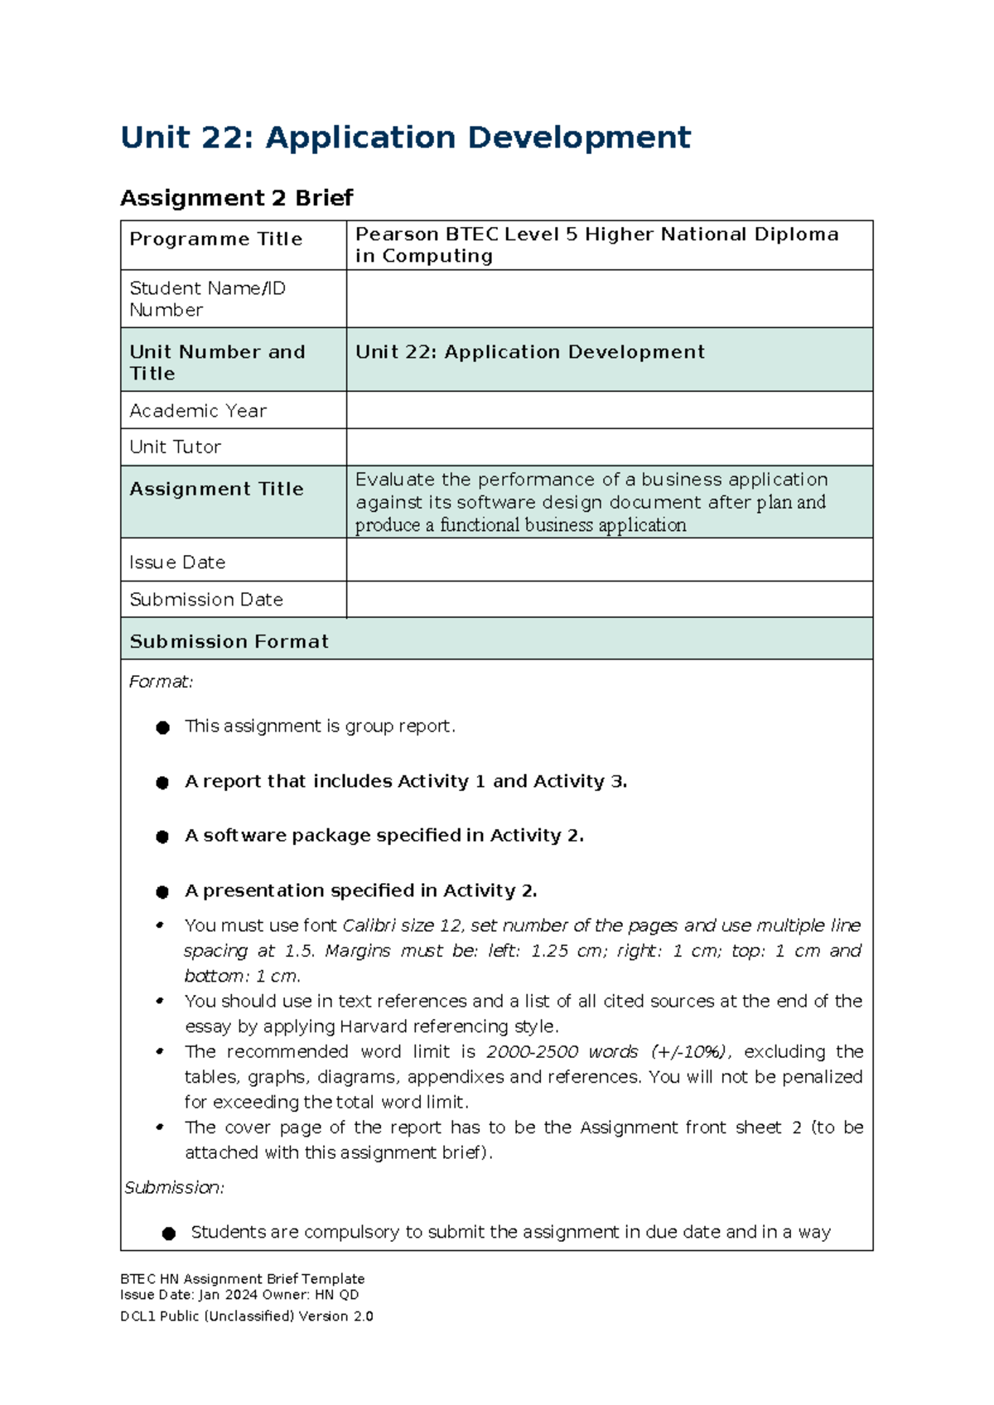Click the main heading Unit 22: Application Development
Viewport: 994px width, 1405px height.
point(405,138)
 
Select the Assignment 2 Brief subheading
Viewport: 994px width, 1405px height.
point(236,198)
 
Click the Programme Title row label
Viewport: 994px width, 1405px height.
point(215,239)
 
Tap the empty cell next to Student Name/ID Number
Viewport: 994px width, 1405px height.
point(609,299)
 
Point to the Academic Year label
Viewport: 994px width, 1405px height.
point(198,411)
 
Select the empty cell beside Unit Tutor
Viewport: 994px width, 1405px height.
point(609,447)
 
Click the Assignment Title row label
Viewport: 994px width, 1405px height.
point(216,490)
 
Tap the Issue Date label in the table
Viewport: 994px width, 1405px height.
point(177,562)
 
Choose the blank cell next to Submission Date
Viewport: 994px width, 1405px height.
point(609,600)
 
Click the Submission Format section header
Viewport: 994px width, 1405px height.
point(229,642)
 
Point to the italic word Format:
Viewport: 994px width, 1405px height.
point(161,682)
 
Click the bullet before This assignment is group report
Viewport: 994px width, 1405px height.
point(162,727)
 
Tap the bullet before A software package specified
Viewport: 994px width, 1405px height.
point(162,837)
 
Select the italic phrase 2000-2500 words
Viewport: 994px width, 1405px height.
point(562,1052)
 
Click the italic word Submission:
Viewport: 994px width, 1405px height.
point(174,1188)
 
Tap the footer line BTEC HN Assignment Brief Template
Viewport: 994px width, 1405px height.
point(242,1279)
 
